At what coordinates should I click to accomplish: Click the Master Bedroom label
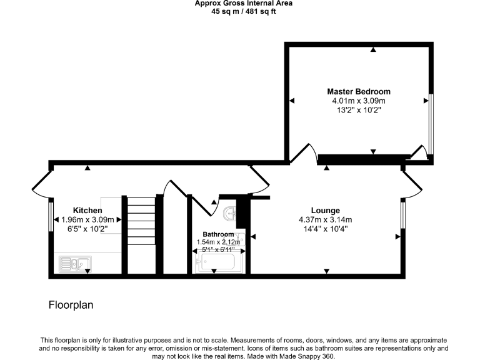coord(359,91)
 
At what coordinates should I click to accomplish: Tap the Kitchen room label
coord(87,210)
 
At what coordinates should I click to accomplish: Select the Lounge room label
coord(326,210)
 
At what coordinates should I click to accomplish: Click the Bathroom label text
coord(218,234)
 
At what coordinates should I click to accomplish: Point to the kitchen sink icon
coord(75,264)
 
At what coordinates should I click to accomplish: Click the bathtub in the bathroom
coord(215,262)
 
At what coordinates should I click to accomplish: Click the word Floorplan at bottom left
coord(71,306)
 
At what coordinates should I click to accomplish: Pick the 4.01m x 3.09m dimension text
coord(359,101)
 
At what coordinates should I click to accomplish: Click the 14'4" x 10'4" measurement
coord(326,229)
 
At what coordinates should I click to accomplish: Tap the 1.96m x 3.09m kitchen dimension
coord(87,219)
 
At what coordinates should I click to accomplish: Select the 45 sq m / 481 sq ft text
coord(244,11)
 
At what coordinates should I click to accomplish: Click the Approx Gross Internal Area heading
coord(244,3)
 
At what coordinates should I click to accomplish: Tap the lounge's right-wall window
coord(403,215)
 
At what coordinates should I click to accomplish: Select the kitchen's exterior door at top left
coord(41,182)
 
